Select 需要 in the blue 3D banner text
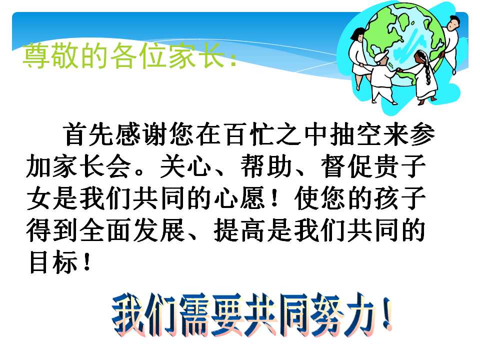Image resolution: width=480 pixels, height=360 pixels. click(x=200, y=315)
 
